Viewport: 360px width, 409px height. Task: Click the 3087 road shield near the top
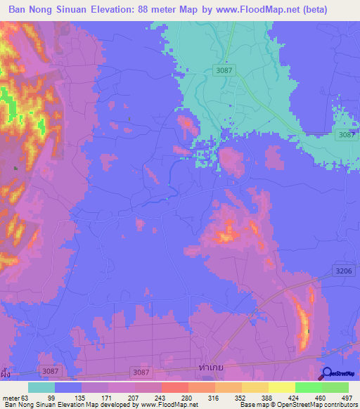224,70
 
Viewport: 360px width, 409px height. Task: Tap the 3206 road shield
342,270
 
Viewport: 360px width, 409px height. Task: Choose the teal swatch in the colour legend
41,387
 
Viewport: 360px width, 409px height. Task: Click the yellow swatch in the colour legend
281,387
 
